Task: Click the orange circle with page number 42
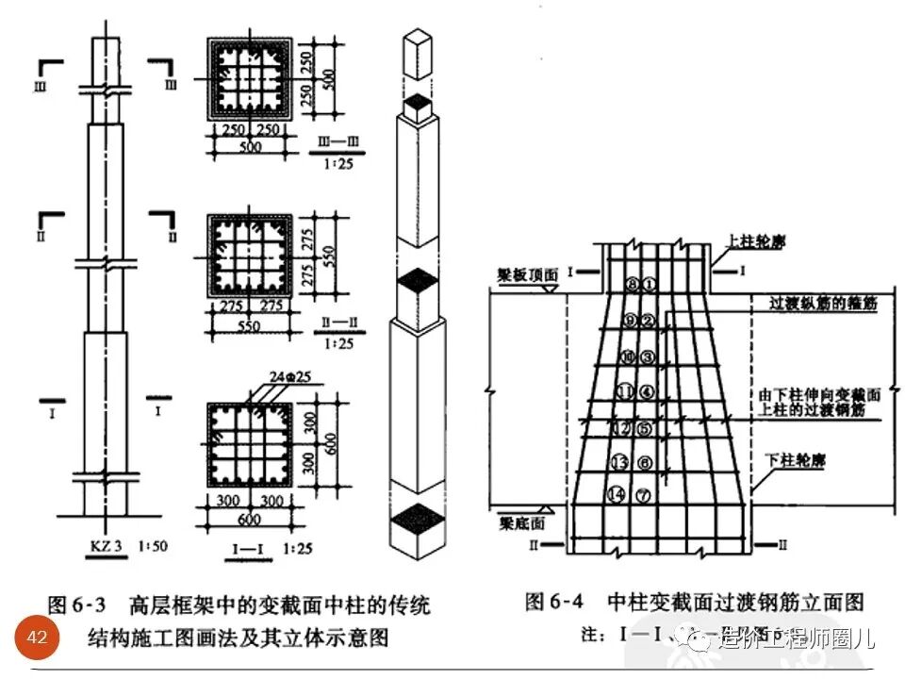[x=38, y=638]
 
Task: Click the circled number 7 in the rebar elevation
[x=644, y=494]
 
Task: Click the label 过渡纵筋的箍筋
[x=822, y=304]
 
